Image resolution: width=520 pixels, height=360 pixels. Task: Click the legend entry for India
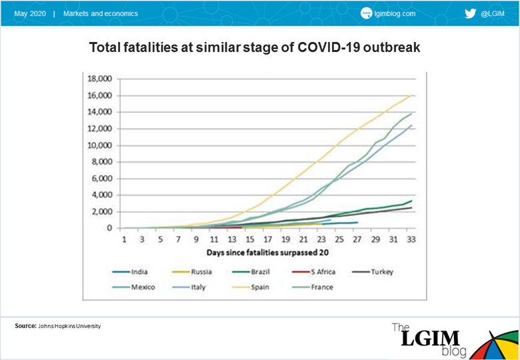[130, 272]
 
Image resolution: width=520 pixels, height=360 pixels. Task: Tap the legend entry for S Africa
[313, 272]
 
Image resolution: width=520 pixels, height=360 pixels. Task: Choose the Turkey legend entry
[371, 272]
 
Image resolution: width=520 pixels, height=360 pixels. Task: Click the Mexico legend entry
[133, 287]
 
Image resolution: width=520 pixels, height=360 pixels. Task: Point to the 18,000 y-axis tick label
[99, 79]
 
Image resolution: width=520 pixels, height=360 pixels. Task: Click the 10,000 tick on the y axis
[99, 145]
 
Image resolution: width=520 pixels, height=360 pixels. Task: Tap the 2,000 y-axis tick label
[101, 212]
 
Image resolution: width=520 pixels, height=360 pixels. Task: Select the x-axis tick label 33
[411, 239]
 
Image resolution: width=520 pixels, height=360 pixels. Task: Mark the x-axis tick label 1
[124, 239]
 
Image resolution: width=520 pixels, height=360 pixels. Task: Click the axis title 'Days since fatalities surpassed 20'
[268, 253]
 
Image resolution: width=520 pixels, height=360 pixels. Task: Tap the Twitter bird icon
[470, 13]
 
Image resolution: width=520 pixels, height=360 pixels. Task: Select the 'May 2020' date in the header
[30, 14]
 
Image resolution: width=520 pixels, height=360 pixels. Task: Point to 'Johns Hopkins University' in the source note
[69, 326]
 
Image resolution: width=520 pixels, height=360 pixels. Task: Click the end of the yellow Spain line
[411, 95]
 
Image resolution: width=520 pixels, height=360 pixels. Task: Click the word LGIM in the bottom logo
[431, 339]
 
